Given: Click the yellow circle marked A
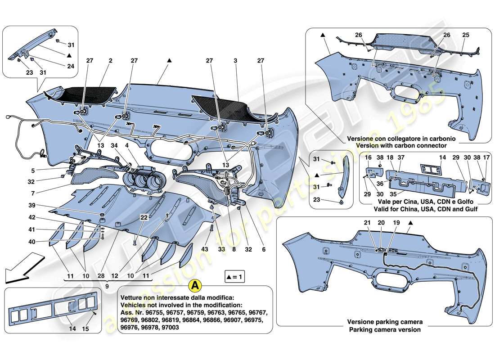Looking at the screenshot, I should point(194,285).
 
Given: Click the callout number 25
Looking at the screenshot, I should point(465,35).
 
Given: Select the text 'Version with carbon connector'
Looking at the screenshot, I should point(401,145).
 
